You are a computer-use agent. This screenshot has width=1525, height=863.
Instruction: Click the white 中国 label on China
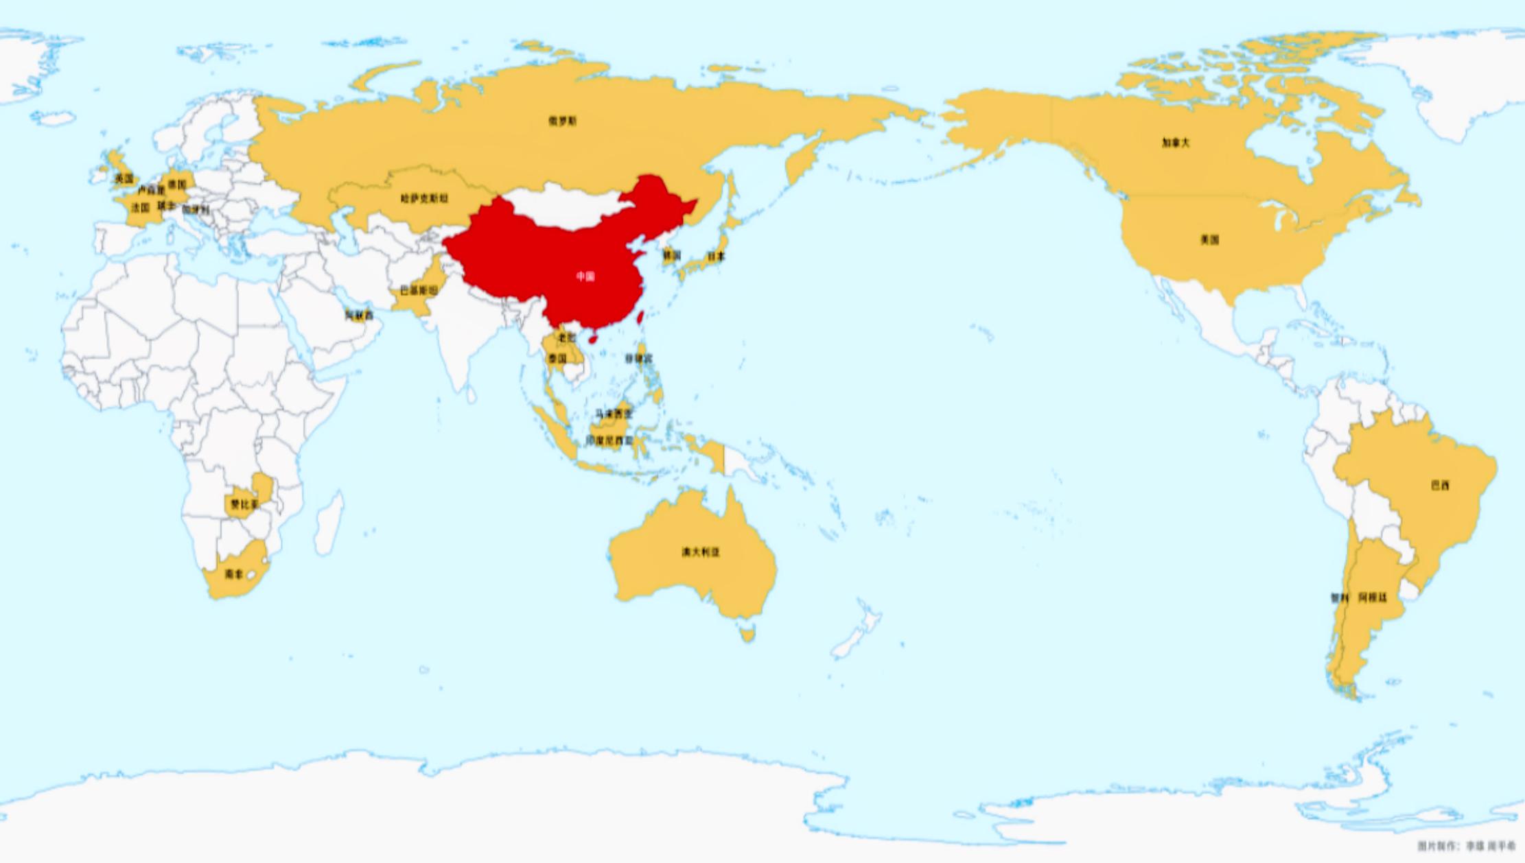click(x=585, y=276)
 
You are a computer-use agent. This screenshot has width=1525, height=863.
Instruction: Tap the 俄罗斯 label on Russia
click(x=562, y=121)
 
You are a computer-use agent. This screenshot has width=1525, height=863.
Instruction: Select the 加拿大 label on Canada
click(x=1175, y=143)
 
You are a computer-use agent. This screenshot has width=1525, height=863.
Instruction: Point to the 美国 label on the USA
click(x=1209, y=240)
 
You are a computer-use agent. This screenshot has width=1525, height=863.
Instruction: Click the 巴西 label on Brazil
click(x=1440, y=486)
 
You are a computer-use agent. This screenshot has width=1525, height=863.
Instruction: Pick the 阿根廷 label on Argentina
click(x=1373, y=598)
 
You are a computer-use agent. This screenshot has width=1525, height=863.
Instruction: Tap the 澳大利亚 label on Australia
click(x=701, y=552)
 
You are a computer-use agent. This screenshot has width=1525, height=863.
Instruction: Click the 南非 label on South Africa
click(x=234, y=574)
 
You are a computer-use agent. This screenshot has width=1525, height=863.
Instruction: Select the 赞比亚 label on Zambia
click(x=244, y=504)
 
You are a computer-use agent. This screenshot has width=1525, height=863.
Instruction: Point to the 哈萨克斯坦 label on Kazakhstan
click(x=424, y=199)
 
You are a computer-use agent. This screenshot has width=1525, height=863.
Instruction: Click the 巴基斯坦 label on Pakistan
click(x=419, y=291)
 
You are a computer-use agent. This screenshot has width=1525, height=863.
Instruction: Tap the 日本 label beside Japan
click(x=716, y=257)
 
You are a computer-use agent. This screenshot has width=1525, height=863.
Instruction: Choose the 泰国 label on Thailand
click(x=557, y=359)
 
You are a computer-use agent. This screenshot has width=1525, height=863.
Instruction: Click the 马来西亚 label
click(x=613, y=414)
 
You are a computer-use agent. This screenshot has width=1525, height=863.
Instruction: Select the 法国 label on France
click(x=140, y=207)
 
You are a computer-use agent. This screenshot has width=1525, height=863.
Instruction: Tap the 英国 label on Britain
click(x=124, y=179)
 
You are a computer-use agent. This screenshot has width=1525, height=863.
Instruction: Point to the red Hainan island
click(x=593, y=339)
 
